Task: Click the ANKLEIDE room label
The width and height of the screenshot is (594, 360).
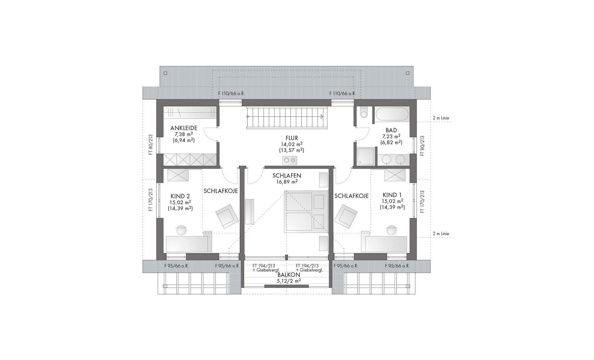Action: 184,128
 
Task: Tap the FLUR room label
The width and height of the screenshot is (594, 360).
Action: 292,138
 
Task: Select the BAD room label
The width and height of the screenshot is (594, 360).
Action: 391,130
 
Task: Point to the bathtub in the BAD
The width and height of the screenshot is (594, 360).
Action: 392,114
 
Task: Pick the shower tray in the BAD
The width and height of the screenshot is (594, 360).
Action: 366,156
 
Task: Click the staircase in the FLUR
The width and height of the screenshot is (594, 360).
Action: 287,117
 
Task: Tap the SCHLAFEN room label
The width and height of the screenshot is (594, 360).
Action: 287,175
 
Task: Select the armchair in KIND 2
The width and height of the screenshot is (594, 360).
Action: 227,216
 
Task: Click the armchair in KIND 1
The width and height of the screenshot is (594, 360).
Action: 346,216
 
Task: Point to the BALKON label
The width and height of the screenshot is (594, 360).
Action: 289,275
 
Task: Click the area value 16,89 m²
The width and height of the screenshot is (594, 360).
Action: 287,182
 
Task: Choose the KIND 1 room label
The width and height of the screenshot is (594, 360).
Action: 392,195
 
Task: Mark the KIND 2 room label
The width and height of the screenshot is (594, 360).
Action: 180,196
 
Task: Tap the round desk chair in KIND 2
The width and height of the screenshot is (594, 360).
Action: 181,230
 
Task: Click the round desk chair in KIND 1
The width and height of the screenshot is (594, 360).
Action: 391,230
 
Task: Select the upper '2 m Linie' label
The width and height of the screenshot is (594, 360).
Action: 441,118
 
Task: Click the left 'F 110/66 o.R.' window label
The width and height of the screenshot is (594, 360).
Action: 231,94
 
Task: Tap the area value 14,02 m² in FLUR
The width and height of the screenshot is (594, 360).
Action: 292,144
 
